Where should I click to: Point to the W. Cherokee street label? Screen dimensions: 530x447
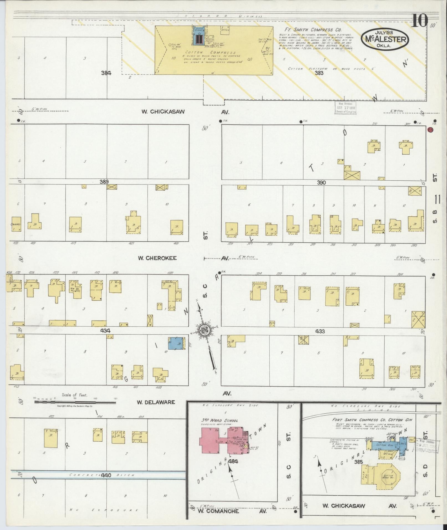157,258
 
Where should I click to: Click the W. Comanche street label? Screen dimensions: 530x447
218,511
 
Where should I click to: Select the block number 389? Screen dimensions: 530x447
104,182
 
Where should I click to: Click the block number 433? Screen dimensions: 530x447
320,331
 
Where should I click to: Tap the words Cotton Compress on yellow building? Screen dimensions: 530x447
210,52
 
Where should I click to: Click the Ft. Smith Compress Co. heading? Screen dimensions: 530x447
313,30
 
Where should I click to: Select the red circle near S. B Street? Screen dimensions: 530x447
430,129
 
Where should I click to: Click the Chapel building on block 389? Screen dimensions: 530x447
16,224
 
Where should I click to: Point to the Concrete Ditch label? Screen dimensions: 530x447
102,475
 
